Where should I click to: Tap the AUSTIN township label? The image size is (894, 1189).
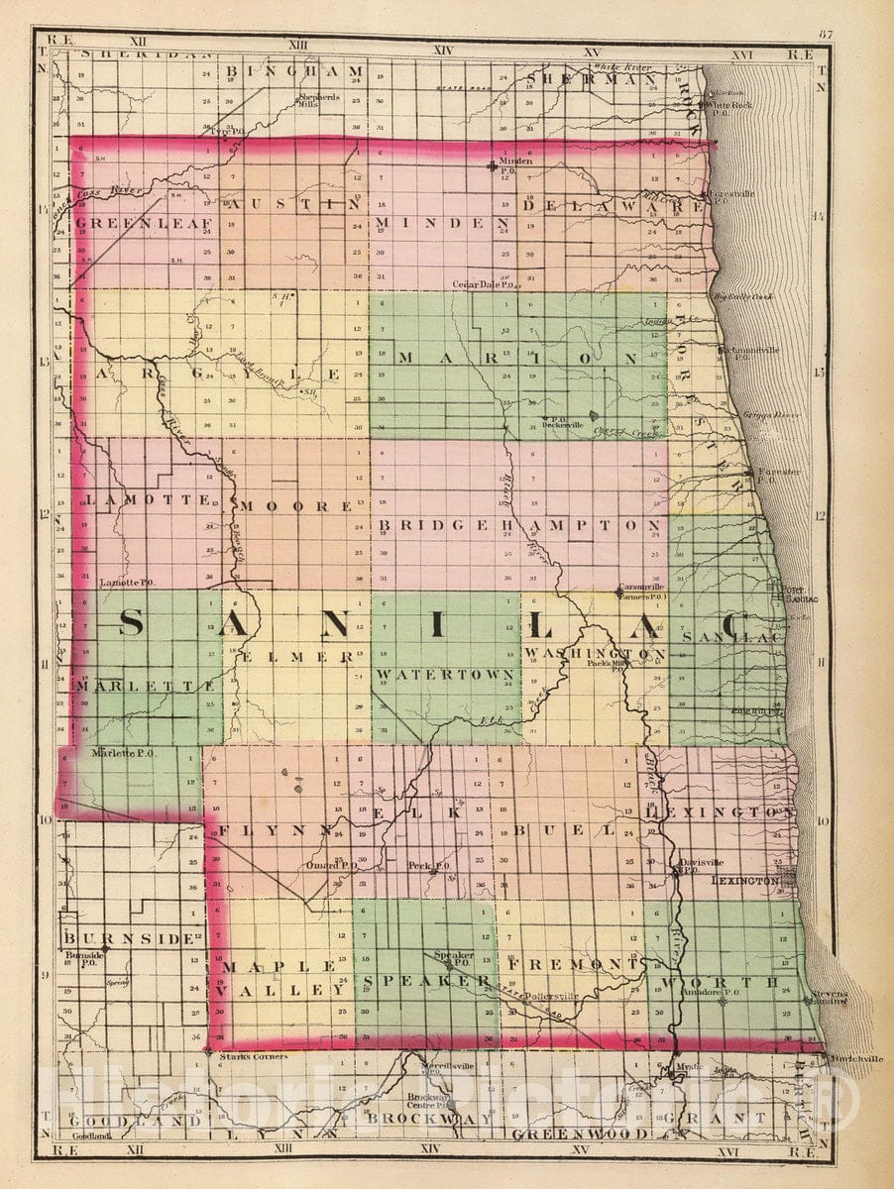(292, 205)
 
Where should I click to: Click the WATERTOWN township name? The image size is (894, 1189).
(445, 675)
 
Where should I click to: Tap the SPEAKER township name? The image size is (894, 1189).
(426, 980)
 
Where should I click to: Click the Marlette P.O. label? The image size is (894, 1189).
(123, 753)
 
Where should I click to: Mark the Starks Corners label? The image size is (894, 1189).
(253, 1056)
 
